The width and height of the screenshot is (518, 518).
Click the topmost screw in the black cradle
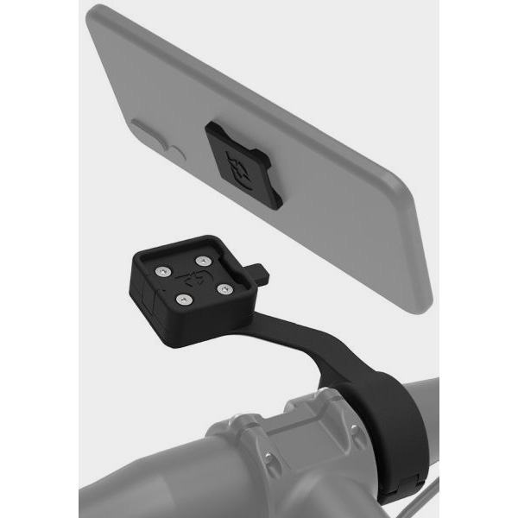pyautogui.click(x=201, y=260)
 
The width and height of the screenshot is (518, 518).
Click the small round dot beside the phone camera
pyautogui.click(x=177, y=155)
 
